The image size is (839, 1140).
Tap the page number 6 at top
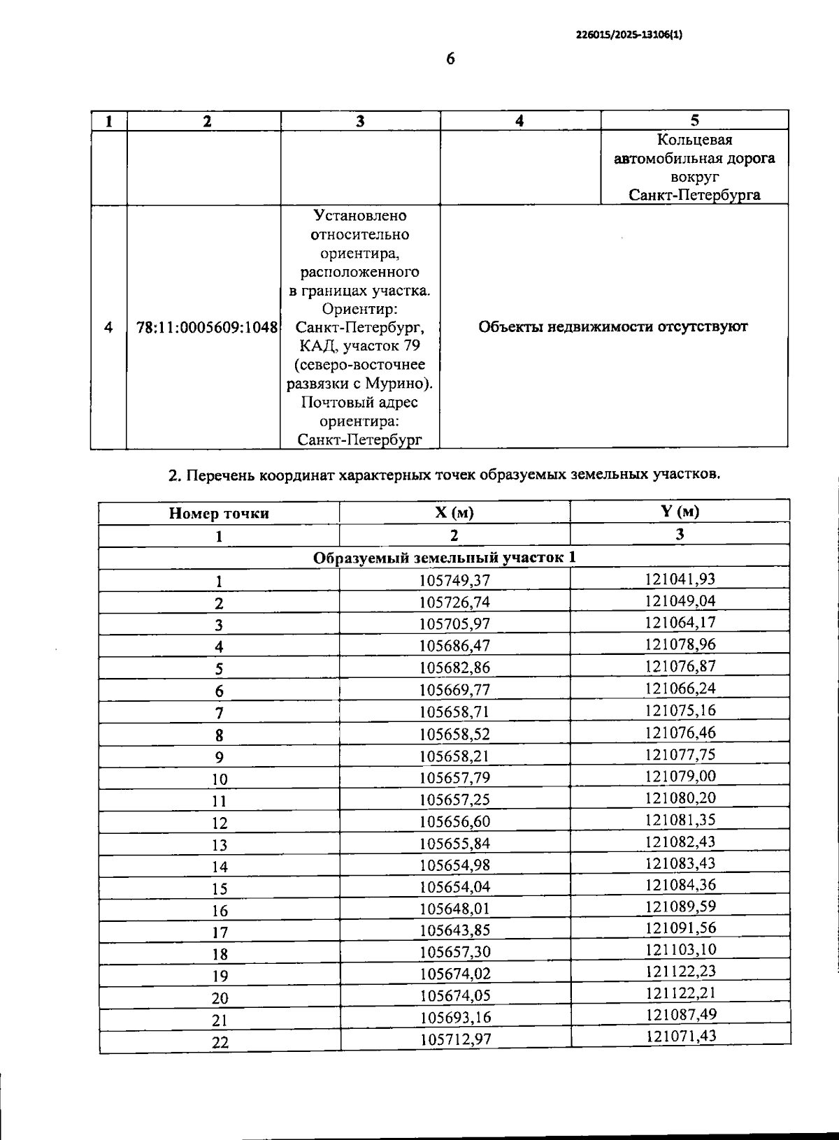(450, 59)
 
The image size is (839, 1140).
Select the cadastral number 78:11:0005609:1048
(207, 327)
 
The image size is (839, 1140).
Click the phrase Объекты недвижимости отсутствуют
(613, 327)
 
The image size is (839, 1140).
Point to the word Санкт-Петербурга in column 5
(694, 195)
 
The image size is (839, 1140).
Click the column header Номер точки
(219, 514)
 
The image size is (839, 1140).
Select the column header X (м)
(454, 512)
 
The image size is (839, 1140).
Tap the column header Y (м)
(680, 511)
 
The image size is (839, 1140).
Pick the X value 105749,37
(454, 581)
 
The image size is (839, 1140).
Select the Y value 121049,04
(680, 600)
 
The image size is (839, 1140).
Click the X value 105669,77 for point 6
(454, 690)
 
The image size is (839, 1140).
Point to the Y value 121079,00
(680, 776)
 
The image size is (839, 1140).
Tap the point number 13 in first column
(220, 845)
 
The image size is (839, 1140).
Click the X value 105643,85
(454, 930)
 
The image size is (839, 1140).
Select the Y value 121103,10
(680, 949)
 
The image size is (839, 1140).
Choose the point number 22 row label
(220, 1042)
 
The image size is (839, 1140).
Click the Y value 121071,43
(680, 1036)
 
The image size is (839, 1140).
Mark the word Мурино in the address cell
(401, 384)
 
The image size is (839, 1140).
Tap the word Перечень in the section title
(220, 476)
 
